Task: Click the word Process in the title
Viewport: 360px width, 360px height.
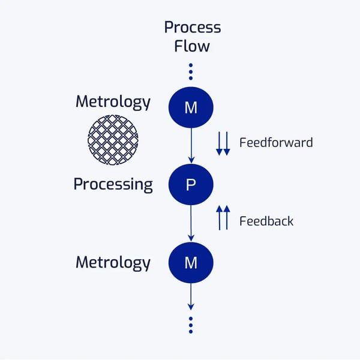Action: [192, 28]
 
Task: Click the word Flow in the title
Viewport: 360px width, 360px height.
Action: [192, 46]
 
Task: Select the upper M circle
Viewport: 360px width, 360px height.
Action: [191, 108]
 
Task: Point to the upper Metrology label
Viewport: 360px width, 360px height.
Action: [113, 102]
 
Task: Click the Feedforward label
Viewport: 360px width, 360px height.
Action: [276, 143]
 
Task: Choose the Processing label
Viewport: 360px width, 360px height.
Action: [113, 184]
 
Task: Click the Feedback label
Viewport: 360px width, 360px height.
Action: [266, 221]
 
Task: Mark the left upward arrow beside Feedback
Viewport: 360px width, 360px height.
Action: [220, 217]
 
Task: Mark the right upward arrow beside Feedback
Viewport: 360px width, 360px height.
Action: [227, 217]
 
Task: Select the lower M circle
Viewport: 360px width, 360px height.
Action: [191, 262]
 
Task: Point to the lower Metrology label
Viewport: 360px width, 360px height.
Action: [113, 262]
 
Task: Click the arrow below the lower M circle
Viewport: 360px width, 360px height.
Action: [191, 296]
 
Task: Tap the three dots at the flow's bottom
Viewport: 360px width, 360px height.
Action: [191, 324]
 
